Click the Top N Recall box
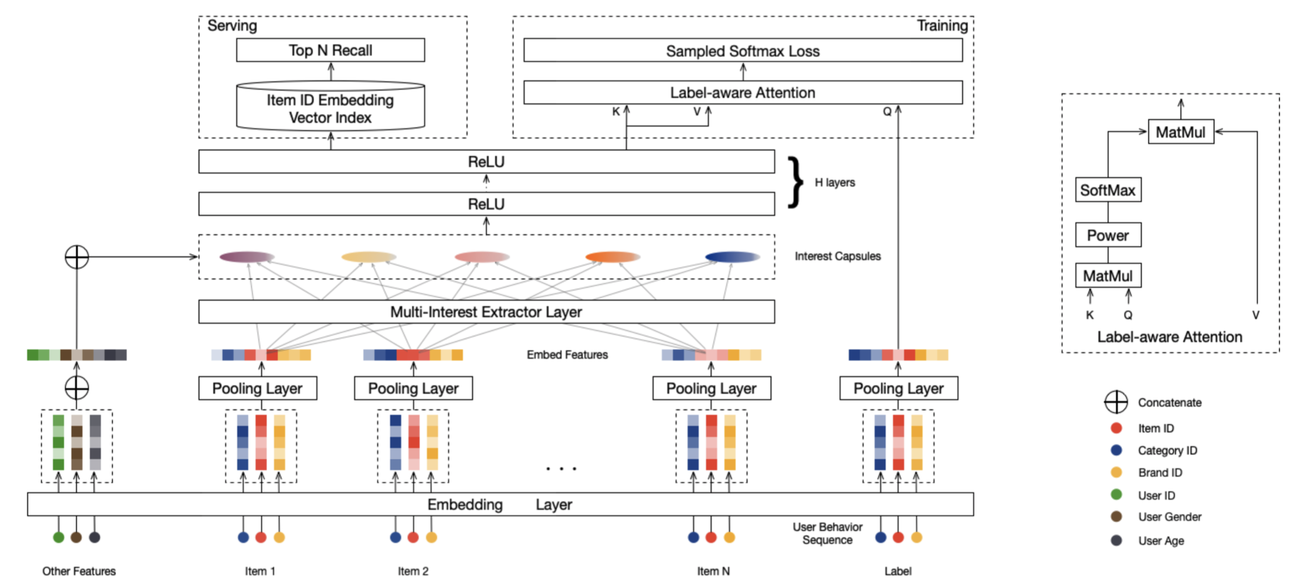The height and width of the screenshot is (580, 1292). [x=330, y=50]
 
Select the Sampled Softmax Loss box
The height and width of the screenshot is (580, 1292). [x=742, y=51]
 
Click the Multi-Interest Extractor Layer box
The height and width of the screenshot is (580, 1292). [x=486, y=312]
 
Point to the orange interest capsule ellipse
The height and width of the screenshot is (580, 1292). [x=612, y=257]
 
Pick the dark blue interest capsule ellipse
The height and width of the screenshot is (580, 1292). [x=732, y=257]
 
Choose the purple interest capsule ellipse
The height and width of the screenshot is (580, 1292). [x=246, y=257]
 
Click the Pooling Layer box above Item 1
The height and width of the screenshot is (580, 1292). [x=258, y=388]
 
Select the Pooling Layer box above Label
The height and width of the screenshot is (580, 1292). [x=898, y=388]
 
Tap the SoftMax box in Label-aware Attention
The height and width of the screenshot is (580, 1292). [x=1107, y=190]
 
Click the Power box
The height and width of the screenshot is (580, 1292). [x=1107, y=235]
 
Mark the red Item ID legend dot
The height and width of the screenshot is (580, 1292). [x=1116, y=428]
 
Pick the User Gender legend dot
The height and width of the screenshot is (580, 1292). [x=1116, y=517]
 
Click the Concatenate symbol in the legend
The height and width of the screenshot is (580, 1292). [x=1116, y=402]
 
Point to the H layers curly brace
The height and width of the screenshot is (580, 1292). [x=796, y=183]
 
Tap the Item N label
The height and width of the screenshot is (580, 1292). [x=713, y=571]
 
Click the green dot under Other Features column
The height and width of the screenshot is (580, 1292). [x=58, y=537]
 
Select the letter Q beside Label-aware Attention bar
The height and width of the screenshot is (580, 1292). [x=887, y=112]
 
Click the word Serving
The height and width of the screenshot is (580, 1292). [x=232, y=26]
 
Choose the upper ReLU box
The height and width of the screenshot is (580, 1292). [x=486, y=161]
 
